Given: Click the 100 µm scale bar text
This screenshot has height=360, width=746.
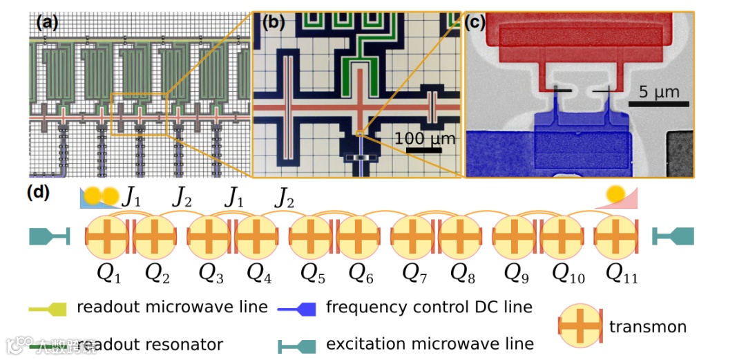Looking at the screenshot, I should tap(425, 138).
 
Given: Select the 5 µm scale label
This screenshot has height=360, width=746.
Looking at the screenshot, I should tap(658, 92).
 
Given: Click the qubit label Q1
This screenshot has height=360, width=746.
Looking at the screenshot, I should tap(108, 274).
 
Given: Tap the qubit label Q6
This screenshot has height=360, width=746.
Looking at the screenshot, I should tap(361, 274).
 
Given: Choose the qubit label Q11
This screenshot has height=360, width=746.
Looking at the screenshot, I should tap(621, 274).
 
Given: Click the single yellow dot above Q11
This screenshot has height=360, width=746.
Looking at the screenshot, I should tap(615, 194).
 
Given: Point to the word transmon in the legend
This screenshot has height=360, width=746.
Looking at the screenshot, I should tap(648, 327).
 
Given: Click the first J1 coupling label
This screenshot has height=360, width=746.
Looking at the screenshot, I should tap(131, 198).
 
